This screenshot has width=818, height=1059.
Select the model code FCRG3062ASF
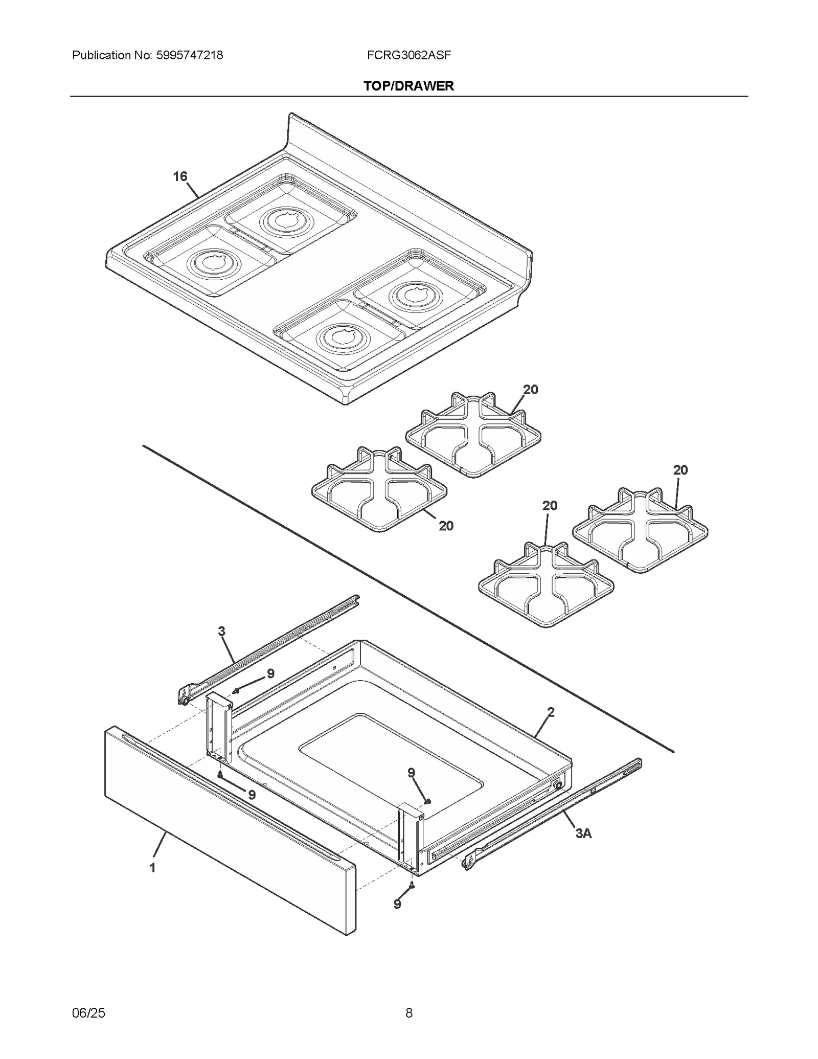tap(408, 55)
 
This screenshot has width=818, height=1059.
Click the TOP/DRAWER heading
tap(408, 86)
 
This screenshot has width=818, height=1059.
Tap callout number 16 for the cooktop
tap(180, 177)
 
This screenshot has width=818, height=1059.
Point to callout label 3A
tap(583, 834)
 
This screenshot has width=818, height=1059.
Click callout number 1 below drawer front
tap(152, 868)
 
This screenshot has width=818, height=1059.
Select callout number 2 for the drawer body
tap(551, 712)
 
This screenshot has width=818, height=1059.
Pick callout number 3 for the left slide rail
tap(221, 632)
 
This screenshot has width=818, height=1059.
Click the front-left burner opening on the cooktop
tap(210, 262)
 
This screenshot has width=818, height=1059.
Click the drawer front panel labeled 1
tap(230, 828)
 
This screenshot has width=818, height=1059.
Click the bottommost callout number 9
tap(397, 905)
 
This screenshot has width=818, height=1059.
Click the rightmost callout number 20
tap(680, 470)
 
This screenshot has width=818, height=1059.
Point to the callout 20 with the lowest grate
tap(550, 506)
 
